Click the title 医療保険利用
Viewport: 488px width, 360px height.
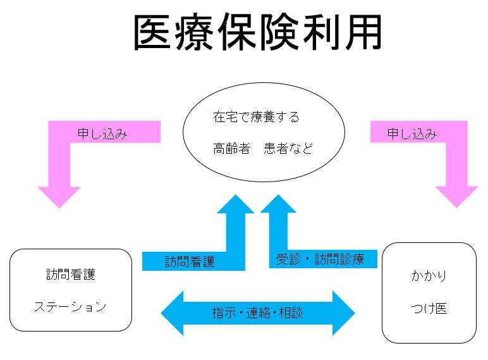pos(258,32)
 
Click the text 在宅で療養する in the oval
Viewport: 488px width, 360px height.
pos(256,117)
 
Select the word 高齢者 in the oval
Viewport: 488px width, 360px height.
pos(232,149)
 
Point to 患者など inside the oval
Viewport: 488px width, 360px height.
pos(288,149)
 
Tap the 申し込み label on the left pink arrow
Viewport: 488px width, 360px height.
pos(102,134)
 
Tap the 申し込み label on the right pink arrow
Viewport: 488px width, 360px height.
pos(412,134)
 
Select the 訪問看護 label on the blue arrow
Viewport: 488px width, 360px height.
pos(190,261)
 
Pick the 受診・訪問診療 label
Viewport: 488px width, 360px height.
pos(320,259)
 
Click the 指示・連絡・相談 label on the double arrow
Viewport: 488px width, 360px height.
pos(258,313)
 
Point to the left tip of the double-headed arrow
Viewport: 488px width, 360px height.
pos(161,313)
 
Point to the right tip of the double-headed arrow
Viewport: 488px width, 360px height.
pos(355,313)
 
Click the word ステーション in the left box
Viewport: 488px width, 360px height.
pos(70,307)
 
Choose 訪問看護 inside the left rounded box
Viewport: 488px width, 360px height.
pos(71,275)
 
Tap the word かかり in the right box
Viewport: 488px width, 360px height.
pos(429,276)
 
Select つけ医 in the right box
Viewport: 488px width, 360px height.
pos(429,309)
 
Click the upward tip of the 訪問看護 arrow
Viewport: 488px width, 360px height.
pos(236,195)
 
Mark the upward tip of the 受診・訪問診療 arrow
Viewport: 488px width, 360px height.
pos(278,195)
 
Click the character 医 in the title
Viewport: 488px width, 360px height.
pos(152,32)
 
